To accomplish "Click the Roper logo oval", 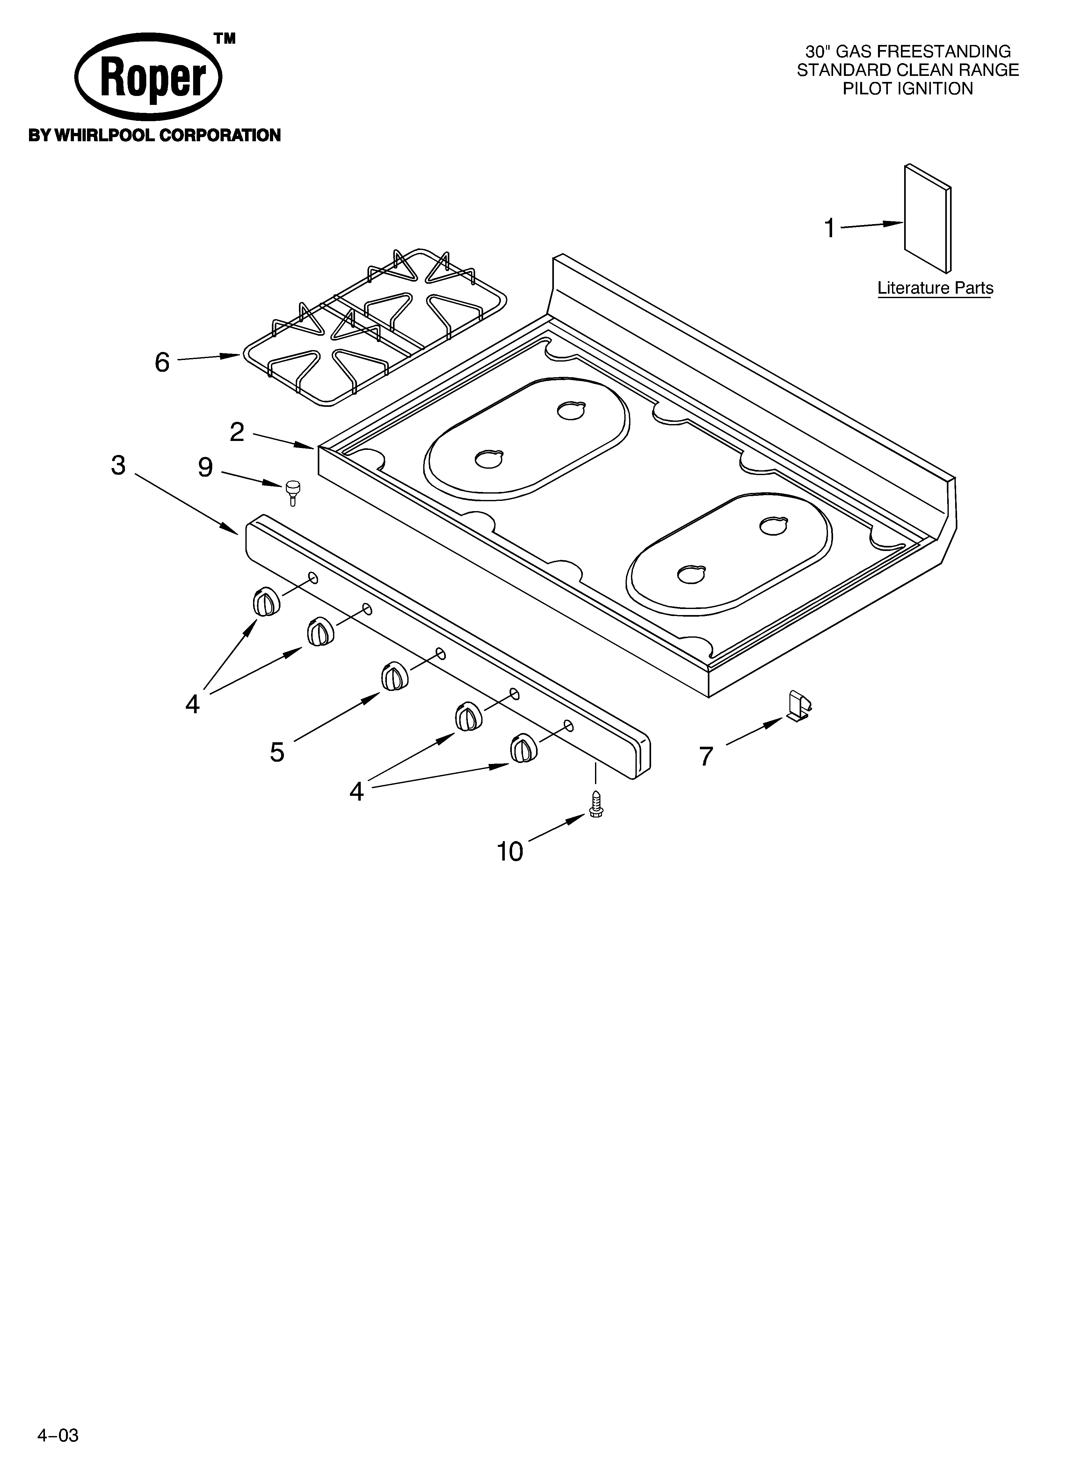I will pyautogui.click(x=148, y=78).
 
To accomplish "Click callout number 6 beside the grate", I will pyautogui.click(x=162, y=362).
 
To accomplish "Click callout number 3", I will pyautogui.click(x=118, y=465).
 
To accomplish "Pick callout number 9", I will pyautogui.click(x=205, y=467).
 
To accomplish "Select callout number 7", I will pyautogui.click(x=706, y=756).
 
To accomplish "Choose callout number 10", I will pyautogui.click(x=510, y=851).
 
